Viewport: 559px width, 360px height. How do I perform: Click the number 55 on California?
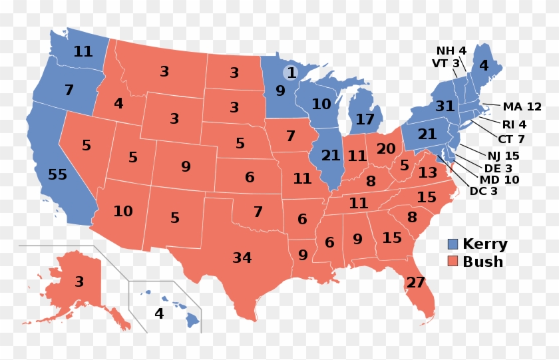[x=58, y=175]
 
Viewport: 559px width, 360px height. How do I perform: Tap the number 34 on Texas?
[x=242, y=258]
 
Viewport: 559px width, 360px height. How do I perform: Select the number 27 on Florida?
[x=415, y=283]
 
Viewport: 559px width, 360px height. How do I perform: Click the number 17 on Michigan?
[x=365, y=120]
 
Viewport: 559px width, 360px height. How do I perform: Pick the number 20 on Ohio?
[x=385, y=149]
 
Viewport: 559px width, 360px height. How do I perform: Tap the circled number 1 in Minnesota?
[x=291, y=72]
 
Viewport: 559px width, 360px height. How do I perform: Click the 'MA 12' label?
[x=522, y=106]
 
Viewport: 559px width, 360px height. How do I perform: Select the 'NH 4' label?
[x=451, y=51]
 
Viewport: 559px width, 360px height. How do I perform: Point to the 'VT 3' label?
[x=446, y=63]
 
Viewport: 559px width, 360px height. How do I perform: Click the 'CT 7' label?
[x=511, y=139]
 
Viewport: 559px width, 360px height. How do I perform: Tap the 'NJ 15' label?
[x=502, y=156]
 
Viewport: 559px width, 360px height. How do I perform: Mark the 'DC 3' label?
[x=484, y=192]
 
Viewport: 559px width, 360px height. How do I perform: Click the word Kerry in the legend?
[x=484, y=244]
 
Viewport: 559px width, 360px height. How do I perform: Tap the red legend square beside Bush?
[x=453, y=262]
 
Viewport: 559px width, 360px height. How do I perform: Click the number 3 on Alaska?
[x=79, y=281]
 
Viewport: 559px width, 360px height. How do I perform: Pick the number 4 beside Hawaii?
[x=159, y=313]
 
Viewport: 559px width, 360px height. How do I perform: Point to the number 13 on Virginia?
[x=428, y=173]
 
